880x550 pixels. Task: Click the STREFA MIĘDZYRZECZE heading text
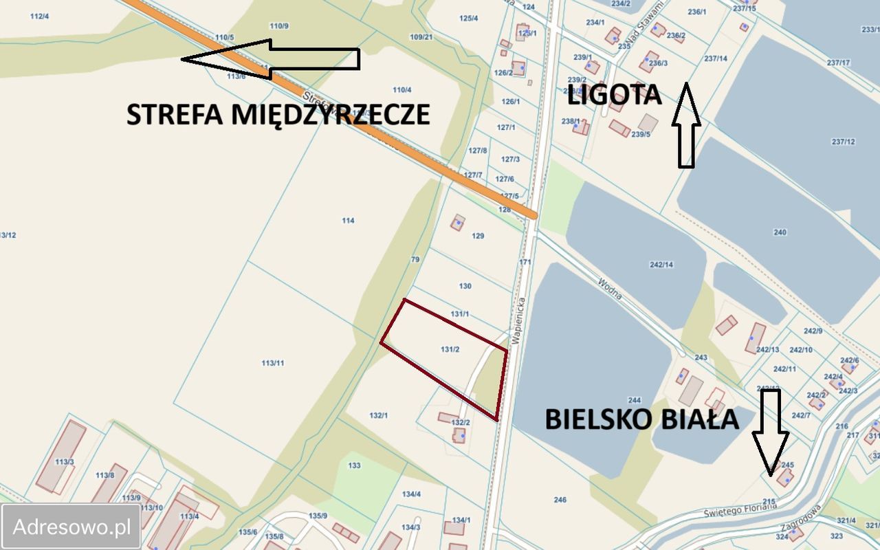[278, 114]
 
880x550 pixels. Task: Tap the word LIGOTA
[614, 95]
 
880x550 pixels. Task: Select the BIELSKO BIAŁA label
[641, 418]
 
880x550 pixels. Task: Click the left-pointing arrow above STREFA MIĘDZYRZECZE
[269, 58]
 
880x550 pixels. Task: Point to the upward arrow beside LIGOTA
[686, 126]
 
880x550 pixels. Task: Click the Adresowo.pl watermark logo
[71, 527]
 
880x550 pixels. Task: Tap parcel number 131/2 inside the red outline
[450, 349]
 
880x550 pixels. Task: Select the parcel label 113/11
[273, 363]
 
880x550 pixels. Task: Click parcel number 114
[348, 221]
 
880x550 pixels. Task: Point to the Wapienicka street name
[519, 320]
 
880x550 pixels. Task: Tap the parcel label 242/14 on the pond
[661, 265]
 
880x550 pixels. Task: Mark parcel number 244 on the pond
[634, 400]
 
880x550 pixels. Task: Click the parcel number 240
[780, 232]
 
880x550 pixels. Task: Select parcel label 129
[478, 236]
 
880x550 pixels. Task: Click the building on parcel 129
[458, 222]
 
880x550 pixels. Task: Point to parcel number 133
[354, 465]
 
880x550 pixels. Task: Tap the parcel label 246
[560, 500]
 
